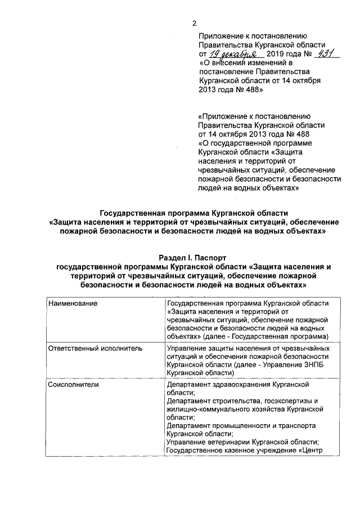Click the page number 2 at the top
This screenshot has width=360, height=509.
coord(195,23)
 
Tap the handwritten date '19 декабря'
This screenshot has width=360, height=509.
coord(232,55)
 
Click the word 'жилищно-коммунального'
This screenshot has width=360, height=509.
coord(209,410)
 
